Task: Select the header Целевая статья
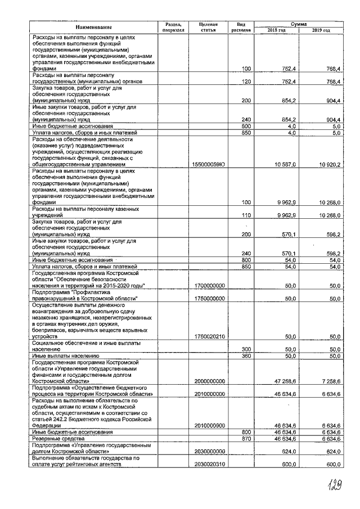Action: pos(208,27)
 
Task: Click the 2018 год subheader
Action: pos(276,30)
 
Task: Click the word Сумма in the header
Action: pos(299,24)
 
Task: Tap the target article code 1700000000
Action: pos(209,286)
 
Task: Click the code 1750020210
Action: pos(209,336)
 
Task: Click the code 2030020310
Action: pos(209,465)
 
